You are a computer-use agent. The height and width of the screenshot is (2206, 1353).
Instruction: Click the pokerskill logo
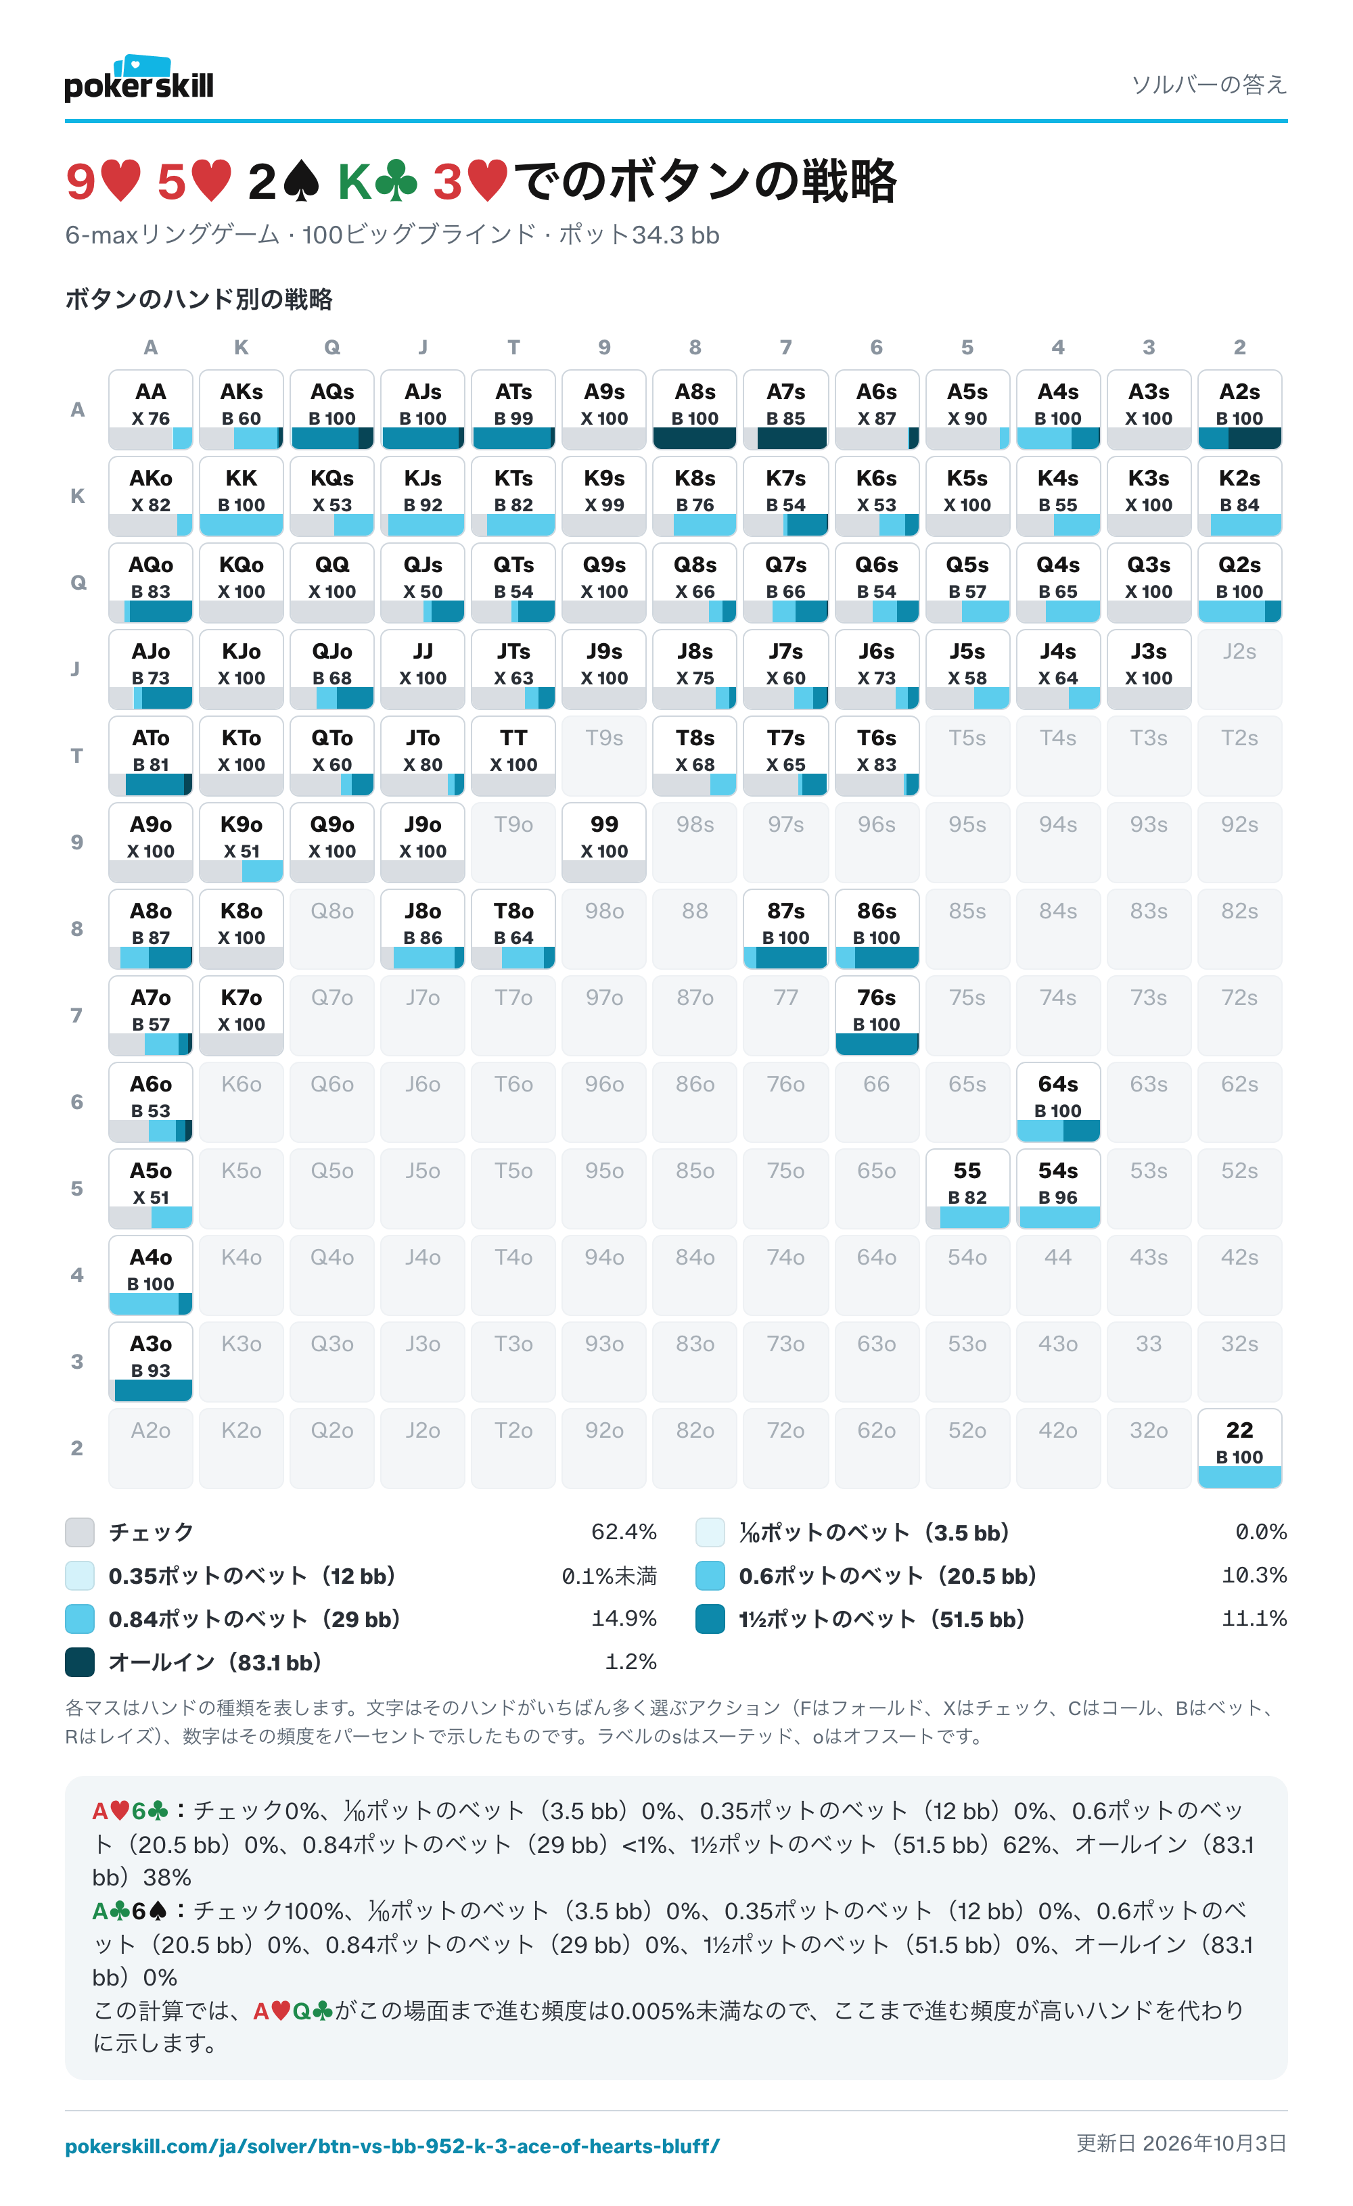(x=139, y=78)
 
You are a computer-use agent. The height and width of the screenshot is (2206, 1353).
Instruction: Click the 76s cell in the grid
(x=877, y=1015)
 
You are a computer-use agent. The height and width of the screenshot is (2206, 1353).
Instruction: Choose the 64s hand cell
(x=1057, y=1101)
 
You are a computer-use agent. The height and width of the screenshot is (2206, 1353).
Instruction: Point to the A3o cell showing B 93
(x=150, y=1361)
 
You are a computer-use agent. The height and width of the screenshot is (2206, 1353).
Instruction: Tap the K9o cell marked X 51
(x=241, y=841)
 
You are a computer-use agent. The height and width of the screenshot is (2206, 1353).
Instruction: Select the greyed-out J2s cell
(x=1239, y=669)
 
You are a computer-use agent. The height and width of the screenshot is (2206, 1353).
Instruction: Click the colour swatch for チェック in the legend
(x=80, y=1532)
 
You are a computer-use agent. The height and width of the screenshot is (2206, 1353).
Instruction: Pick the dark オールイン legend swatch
(x=80, y=1662)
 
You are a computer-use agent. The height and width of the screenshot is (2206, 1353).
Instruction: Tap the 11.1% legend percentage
(x=1254, y=1619)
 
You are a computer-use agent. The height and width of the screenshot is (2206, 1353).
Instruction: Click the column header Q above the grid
(x=332, y=348)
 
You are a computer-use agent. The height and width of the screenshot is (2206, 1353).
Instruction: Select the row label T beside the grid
(x=77, y=755)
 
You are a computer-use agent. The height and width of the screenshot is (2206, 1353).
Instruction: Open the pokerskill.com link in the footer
(x=392, y=2146)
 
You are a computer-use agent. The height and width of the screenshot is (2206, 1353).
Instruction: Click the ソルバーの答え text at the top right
(x=1209, y=84)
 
